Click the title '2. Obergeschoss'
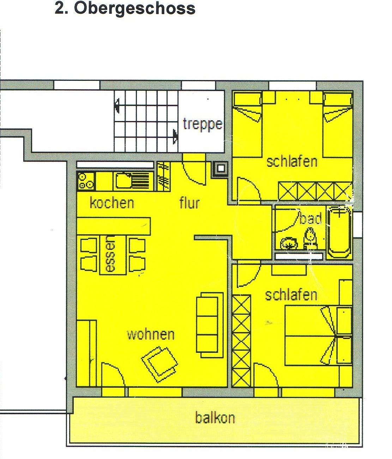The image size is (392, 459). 125,9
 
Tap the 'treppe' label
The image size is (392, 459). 202,124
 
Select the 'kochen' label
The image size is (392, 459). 112,203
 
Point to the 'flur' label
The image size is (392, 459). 189,203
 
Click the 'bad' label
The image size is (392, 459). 310,218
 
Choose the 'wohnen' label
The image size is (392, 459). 151,335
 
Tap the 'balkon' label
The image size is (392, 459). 215,418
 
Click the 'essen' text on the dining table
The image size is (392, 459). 110,254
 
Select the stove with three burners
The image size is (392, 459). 85,181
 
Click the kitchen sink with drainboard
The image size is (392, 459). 133,181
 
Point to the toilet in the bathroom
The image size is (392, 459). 310,237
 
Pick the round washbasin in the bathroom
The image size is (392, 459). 289,243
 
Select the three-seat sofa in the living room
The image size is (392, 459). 210,325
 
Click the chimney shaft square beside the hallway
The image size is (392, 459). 220,169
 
